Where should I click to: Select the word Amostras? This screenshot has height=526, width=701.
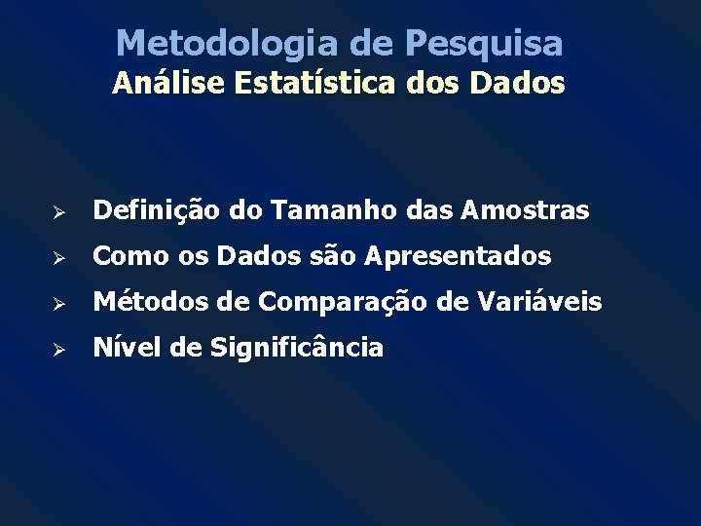526,210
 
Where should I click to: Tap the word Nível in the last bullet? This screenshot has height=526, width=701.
120,347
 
